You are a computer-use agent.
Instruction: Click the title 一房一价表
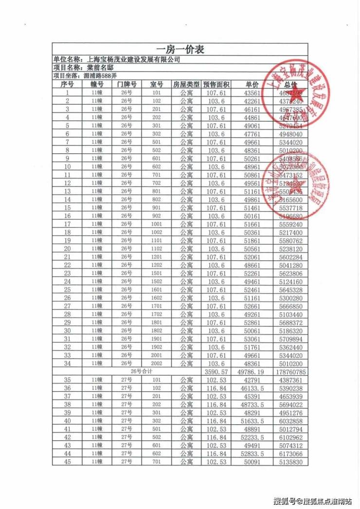point(180,50)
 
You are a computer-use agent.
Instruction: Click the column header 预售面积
point(216,84)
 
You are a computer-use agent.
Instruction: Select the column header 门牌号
point(126,84)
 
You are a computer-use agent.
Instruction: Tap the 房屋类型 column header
point(186,84)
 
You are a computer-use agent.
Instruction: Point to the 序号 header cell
point(67,84)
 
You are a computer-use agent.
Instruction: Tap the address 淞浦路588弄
point(100,76)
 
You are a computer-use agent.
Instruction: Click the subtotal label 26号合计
point(141,372)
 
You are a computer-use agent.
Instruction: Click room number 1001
point(156,224)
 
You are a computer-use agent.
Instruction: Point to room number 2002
point(156,364)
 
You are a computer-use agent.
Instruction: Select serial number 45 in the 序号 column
point(67,462)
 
